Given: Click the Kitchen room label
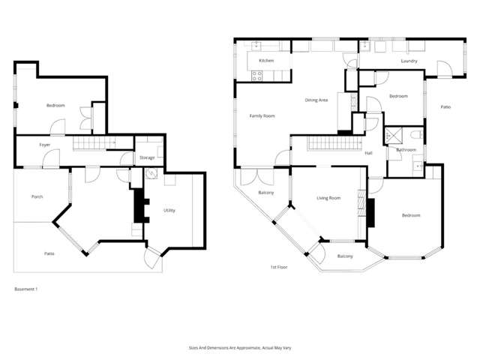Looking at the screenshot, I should click(x=265, y=60).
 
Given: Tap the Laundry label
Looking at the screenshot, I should click(x=409, y=61).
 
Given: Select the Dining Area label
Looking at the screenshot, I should click(x=316, y=100).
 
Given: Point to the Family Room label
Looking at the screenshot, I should click(x=262, y=115).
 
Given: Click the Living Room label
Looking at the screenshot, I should click(x=328, y=198).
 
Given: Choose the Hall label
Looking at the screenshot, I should click(x=368, y=153).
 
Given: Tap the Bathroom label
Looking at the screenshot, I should click(x=406, y=150).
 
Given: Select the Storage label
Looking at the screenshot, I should click(x=147, y=157).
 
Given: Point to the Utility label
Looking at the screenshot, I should click(x=169, y=211).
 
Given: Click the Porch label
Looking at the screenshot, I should click(x=36, y=196).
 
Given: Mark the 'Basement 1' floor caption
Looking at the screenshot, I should click(x=25, y=289).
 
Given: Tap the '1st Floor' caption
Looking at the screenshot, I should click(x=280, y=267).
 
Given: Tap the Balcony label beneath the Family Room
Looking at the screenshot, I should click(x=266, y=193).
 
